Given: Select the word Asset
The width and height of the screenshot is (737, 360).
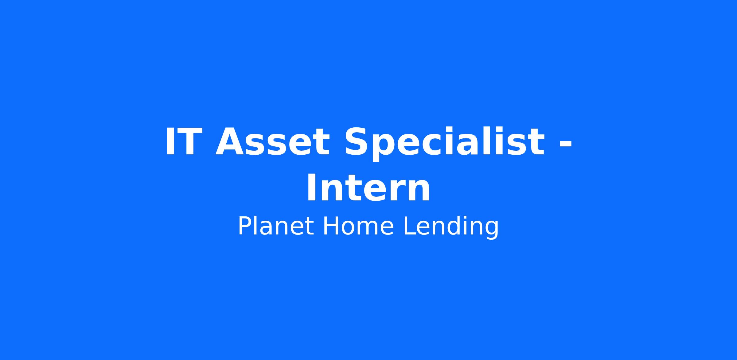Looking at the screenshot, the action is [x=272, y=142].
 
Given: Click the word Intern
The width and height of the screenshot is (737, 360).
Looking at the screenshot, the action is [x=368, y=188].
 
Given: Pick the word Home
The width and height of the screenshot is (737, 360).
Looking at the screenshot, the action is [x=358, y=226].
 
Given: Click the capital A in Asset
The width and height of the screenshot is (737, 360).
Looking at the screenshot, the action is [x=230, y=142].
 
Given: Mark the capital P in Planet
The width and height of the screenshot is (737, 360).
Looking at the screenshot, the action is [x=246, y=226].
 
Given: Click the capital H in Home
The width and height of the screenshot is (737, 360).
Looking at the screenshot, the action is [x=331, y=226].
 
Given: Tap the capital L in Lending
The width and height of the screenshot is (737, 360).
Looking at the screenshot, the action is [x=409, y=226].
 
